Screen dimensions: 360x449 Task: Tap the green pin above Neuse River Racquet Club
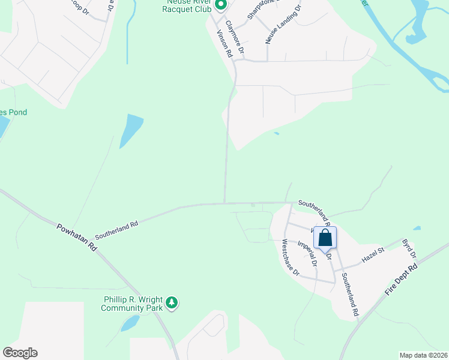[x=220, y=6]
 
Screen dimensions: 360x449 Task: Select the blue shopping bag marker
[x=325, y=238]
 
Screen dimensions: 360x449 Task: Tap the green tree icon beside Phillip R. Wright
[x=172, y=303]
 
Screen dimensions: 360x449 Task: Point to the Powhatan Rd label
[x=77, y=237]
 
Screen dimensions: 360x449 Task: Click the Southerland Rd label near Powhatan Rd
[x=116, y=226]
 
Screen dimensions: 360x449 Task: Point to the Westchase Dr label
[x=291, y=258]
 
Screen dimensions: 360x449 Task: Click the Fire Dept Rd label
[x=400, y=280]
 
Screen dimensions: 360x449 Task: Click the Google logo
[x=20, y=353]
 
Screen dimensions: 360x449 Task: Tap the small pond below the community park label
[x=130, y=323]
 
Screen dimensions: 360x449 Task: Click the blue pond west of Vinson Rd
[x=131, y=130]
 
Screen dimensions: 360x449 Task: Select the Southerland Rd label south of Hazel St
[x=349, y=295]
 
